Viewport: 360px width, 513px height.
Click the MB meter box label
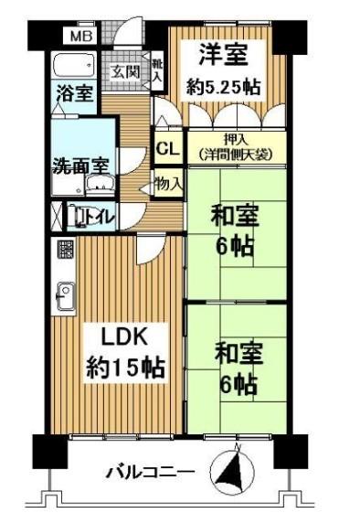(81, 36)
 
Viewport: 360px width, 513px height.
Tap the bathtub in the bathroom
(74, 65)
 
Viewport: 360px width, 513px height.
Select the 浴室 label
(75, 93)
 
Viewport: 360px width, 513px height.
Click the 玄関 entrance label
(125, 71)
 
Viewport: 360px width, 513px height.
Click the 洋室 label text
(223, 55)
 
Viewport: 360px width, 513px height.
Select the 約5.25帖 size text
(224, 87)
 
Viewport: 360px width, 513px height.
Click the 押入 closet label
(236, 140)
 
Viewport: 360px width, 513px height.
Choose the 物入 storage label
(168, 183)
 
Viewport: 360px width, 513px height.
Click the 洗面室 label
(80, 166)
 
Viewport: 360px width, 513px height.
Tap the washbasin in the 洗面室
(101, 184)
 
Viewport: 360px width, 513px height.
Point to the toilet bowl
(81, 217)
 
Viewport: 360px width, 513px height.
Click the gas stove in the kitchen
(67, 250)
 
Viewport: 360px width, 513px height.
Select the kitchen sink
(66, 296)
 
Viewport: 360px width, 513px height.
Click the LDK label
(125, 337)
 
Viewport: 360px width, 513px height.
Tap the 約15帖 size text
(125, 369)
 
